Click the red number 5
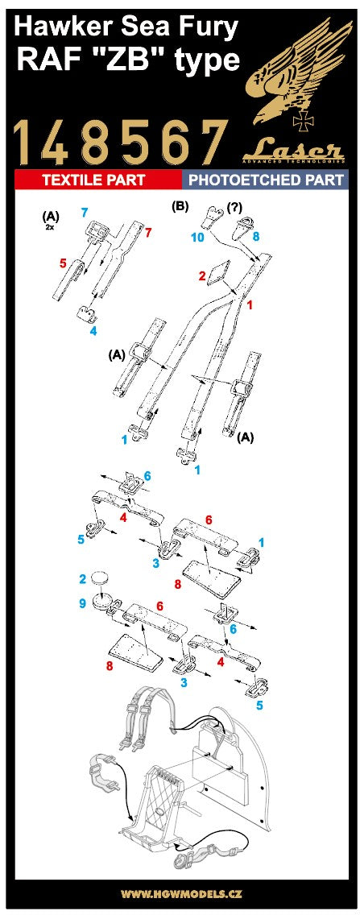[x=62, y=262]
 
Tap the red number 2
[x=203, y=275]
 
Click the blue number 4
[x=93, y=330]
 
